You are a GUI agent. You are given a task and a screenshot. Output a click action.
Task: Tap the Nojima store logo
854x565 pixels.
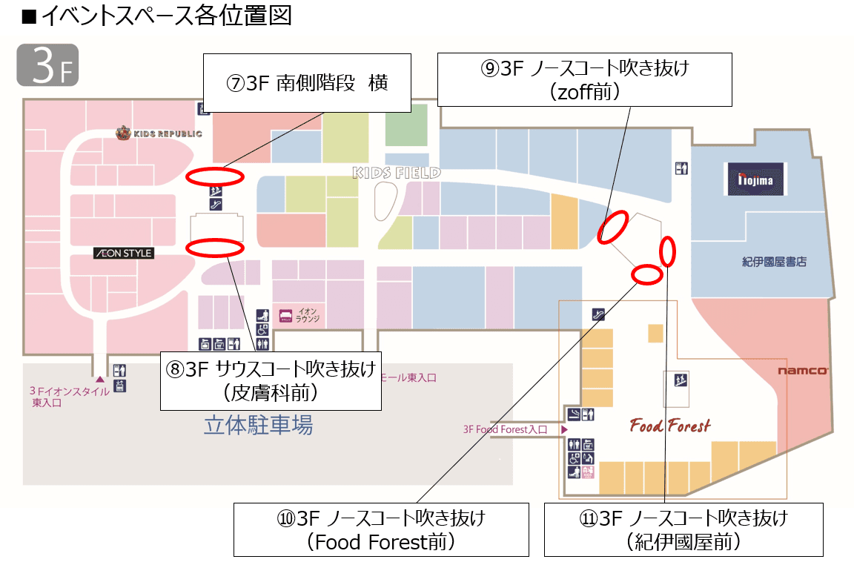pyautogui.click(x=755, y=179)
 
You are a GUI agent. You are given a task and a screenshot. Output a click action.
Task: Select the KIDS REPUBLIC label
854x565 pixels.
pyautogui.click(x=159, y=134)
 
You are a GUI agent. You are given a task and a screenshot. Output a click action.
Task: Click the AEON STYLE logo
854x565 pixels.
pyautogui.click(x=123, y=254)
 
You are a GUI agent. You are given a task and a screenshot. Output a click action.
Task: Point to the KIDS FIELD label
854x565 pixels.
pyautogui.click(x=397, y=173)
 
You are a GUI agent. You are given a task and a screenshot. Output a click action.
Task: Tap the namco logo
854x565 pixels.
pyautogui.click(x=802, y=371)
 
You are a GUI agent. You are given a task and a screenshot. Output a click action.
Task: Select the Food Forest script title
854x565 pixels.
pyautogui.click(x=669, y=426)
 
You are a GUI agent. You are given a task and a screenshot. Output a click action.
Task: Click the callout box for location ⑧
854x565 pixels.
pyautogui.click(x=271, y=380)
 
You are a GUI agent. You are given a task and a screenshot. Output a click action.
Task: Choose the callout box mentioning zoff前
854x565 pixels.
pyautogui.click(x=584, y=79)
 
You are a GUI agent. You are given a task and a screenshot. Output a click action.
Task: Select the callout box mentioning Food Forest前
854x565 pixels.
pyautogui.click(x=381, y=529)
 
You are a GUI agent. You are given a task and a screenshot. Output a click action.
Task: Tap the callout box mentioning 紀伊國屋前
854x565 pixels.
pyautogui.click(x=683, y=529)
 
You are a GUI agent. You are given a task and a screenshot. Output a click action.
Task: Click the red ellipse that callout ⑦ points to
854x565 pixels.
pyautogui.click(x=214, y=176)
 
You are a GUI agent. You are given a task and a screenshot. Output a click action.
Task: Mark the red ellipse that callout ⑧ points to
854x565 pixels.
pyautogui.click(x=214, y=248)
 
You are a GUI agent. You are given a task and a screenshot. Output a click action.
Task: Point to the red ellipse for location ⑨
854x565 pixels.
pyautogui.click(x=613, y=227)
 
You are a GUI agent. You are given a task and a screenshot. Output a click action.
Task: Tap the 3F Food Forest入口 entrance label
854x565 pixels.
pyautogui.click(x=505, y=429)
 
